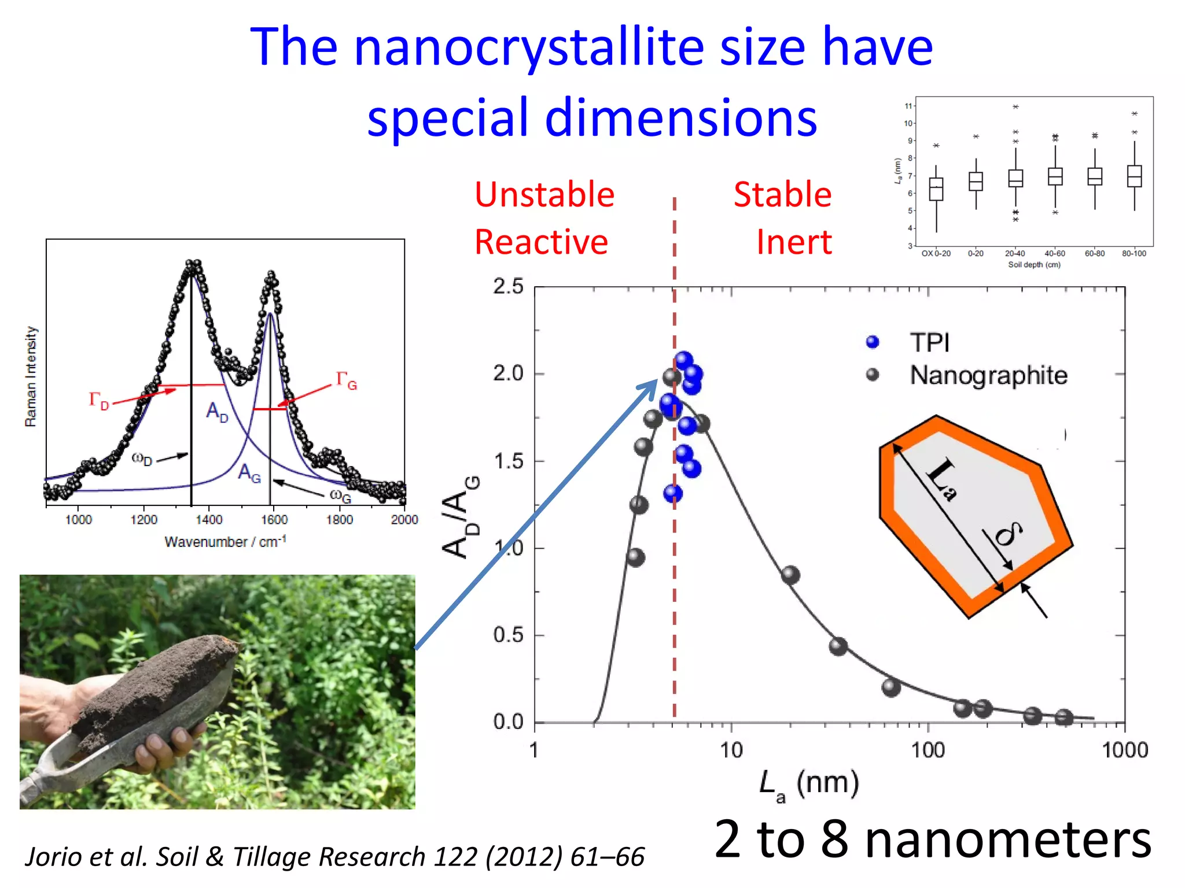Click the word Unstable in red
click(x=544, y=194)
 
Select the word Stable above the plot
click(x=782, y=194)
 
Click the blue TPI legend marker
click(x=873, y=342)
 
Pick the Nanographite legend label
click(x=988, y=375)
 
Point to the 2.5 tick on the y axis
click(x=508, y=286)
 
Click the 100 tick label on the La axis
click(x=928, y=750)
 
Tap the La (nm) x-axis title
click(x=809, y=785)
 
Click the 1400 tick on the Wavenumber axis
click(x=209, y=520)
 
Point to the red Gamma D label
click(x=98, y=400)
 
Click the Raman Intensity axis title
click(x=31, y=376)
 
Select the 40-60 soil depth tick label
click(x=1055, y=254)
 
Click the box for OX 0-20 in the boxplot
click(x=936, y=189)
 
